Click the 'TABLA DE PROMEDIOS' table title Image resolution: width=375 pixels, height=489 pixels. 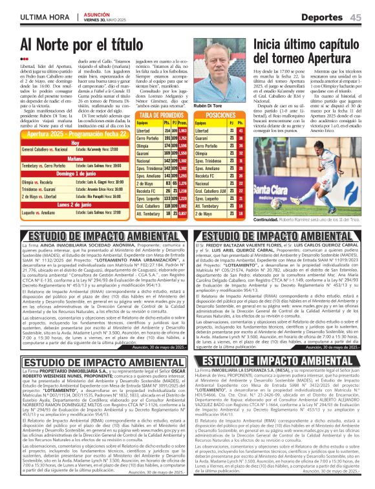click(x=160, y=114)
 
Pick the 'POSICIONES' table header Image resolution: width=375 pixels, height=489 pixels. click(x=220, y=114)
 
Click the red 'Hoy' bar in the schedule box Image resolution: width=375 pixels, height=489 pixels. click(x=76, y=143)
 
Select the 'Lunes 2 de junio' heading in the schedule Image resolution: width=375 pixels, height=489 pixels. click(x=76, y=203)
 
